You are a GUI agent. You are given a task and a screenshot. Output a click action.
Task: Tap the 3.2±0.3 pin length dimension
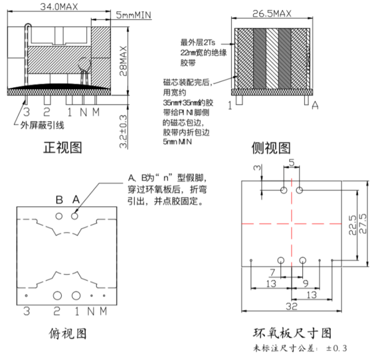[123, 133]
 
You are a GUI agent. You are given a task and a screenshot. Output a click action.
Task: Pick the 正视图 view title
[63, 147]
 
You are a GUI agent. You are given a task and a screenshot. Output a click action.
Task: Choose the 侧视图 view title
[271, 147]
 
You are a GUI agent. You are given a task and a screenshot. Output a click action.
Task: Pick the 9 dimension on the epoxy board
[305, 283]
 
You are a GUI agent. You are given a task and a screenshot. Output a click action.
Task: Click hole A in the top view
[75, 216]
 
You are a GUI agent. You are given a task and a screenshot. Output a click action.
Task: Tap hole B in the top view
[59, 216]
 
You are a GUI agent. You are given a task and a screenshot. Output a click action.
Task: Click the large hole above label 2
[57, 295]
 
